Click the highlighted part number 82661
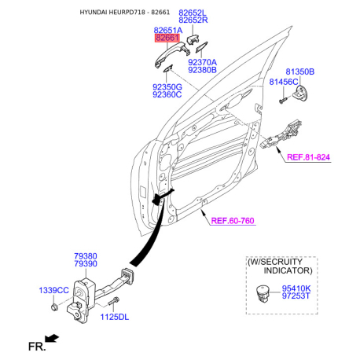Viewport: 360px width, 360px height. (167, 38)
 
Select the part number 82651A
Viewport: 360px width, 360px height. (168, 30)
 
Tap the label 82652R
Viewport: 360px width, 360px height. (193, 20)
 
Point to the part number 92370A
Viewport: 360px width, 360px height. (203, 62)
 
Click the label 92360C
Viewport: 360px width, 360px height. (167, 94)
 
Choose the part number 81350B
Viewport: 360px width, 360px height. (300, 72)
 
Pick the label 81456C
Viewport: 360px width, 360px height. (284, 82)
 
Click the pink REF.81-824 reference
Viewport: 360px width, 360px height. (308, 157)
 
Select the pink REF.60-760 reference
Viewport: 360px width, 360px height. (233, 221)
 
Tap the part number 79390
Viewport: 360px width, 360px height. (86, 263)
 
